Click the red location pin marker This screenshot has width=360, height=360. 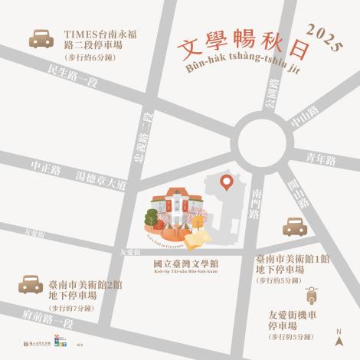pos(227,182)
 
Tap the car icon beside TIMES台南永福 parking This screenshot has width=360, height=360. pos(41,39)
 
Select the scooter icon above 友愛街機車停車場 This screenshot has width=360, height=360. pos(312,296)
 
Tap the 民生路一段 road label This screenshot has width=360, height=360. pos(73,77)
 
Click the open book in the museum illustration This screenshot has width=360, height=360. pos(197,239)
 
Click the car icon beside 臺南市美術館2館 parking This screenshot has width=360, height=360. pos(31,285)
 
